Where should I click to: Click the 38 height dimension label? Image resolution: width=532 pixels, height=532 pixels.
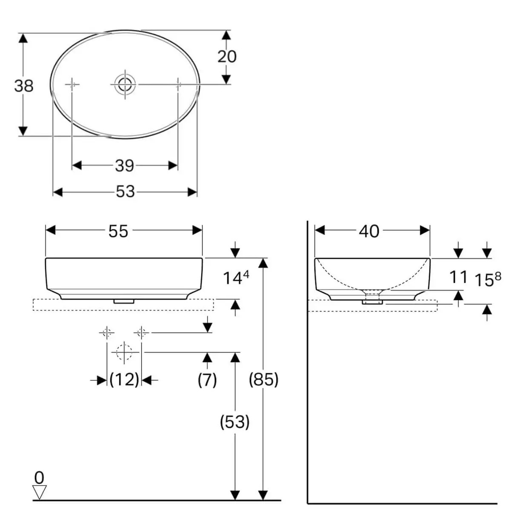click(x=23, y=86)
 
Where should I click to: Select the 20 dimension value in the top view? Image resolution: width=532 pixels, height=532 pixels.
click(x=227, y=56)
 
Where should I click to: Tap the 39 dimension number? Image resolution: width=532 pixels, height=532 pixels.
click(x=124, y=165)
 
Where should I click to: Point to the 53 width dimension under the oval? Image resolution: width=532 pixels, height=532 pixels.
click(x=125, y=192)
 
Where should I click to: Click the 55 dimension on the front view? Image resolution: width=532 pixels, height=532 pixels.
click(x=118, y=231)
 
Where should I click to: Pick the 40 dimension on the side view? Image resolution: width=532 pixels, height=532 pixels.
click(x=369, y=231)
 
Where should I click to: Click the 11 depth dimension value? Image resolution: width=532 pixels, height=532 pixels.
click(x=458, y=277)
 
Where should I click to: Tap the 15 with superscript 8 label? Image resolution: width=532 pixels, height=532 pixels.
click(x=487, y=279)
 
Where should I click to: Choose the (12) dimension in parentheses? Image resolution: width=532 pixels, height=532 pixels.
click(x=124, y=379)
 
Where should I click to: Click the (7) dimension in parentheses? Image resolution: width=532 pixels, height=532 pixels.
click(x=207, y=379)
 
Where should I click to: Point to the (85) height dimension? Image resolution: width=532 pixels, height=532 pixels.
click(x=263, y=379)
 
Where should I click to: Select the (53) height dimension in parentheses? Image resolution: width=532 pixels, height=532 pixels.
click(x=235, y=422)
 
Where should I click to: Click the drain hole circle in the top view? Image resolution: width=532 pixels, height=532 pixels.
click(x=125, y=84)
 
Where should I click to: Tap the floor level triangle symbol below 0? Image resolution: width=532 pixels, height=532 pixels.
click(x=39, y=492)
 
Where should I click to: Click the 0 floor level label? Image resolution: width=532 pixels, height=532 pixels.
click(x=39, y=478)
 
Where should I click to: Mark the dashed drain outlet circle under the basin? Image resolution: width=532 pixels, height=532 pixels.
click(x=124, y=352)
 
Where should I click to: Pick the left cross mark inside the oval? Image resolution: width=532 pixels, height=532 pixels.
click(x=72, y=85)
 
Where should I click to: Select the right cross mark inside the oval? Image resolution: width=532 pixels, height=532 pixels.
click(x=178, y=85)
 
